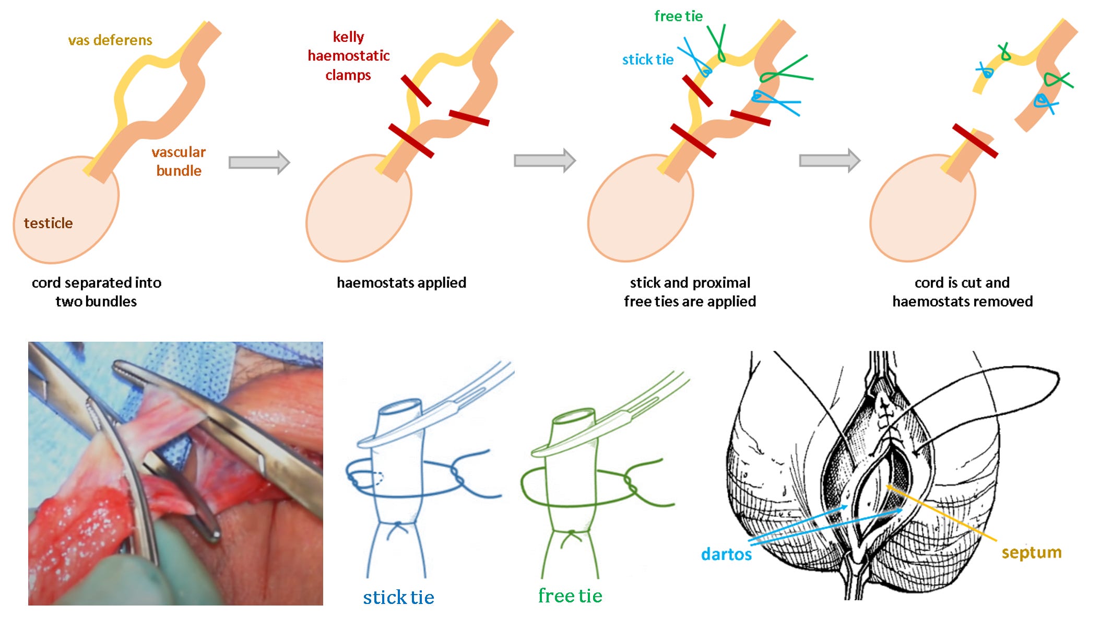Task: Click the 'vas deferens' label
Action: (x=110, y=40)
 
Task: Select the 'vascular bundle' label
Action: (x=179, y=161)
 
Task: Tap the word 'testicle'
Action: (x=48, y=223)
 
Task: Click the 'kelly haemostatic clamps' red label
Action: (x=349, y=56)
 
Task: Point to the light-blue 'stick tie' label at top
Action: (x=648, y=60)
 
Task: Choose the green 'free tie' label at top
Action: (x=679, y=16)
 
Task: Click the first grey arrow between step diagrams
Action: (x=259, y=162)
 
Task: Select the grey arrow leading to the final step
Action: (x=830, y=160)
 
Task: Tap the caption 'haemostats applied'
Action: (x=401, y=283)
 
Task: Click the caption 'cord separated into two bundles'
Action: (x=97, y=292)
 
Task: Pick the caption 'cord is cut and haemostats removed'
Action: (x=962, y=292)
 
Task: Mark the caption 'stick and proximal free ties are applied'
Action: (x=690, y=292)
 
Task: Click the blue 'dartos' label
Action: (x=726, y=554)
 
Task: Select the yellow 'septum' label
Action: (x=1032, y=553)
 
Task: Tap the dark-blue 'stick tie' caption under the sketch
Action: (x=398, y=597)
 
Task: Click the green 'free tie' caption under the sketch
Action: (x=570, y=596)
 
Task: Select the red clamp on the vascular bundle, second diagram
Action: (x=469, y=118)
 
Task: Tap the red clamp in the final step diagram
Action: (x=975, y=141)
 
